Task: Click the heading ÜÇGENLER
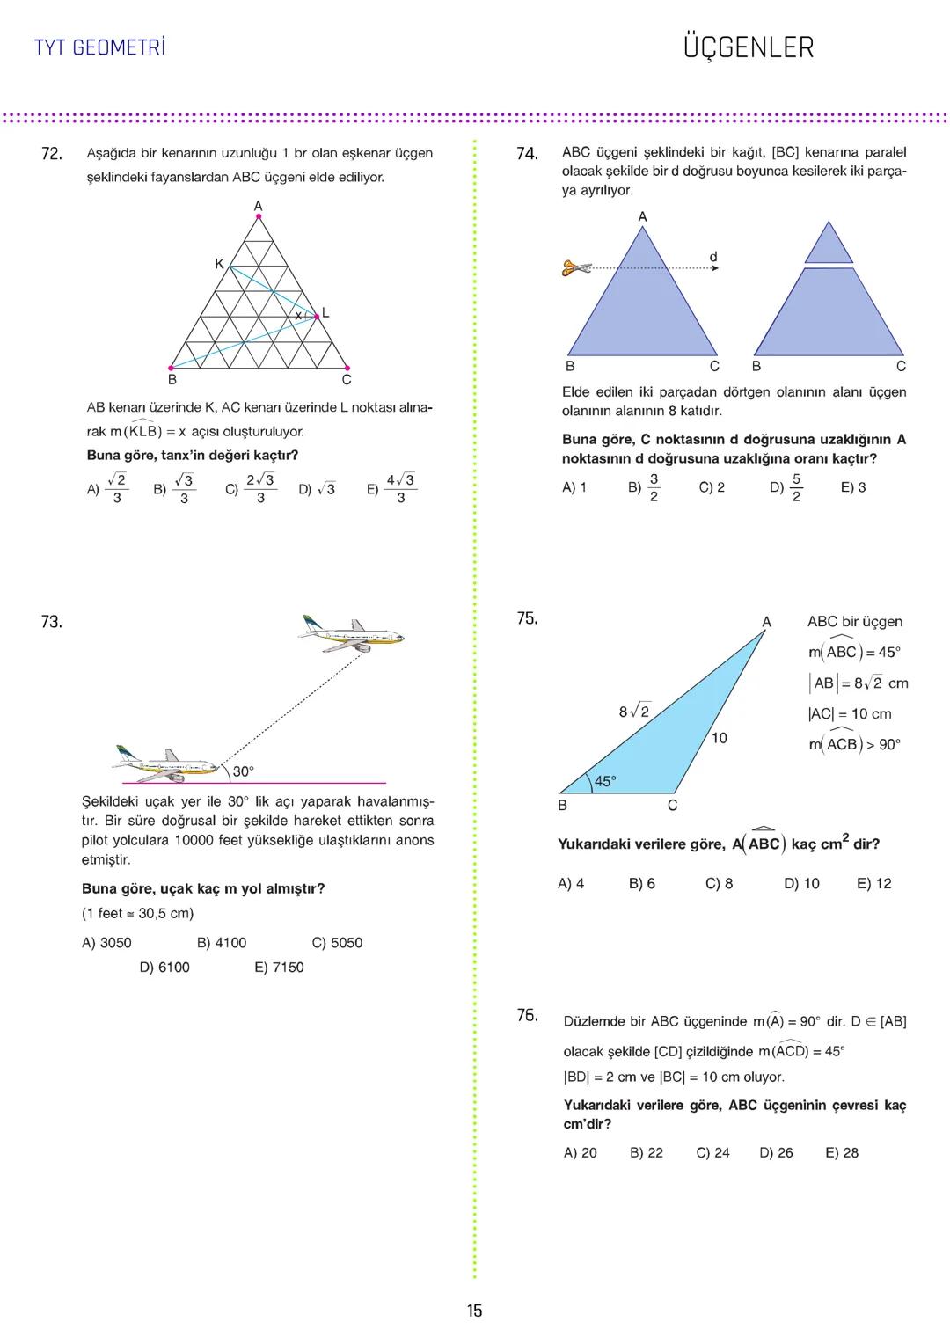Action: pos(748,47)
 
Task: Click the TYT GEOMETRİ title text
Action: pos(99,47)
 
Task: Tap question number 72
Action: pos(52,154)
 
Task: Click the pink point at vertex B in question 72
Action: pos(171,368)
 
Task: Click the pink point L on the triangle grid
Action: pos(316,314)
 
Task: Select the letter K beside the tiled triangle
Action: pos(219,264)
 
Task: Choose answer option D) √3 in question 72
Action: pos(317,489)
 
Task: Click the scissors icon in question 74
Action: pos(577,267)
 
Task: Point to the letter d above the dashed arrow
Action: pos(713,257)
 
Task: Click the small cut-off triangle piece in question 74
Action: pos(829,245)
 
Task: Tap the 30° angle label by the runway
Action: pos(243,771)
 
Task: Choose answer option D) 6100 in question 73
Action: pos(164,967)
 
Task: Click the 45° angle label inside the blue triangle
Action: pos(605,780)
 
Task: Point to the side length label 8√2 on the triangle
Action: pos(633,712)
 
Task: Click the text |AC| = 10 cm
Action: pos(849,713)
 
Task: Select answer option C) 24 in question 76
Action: pos(712,1152)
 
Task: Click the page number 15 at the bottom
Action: pos(474,1311)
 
